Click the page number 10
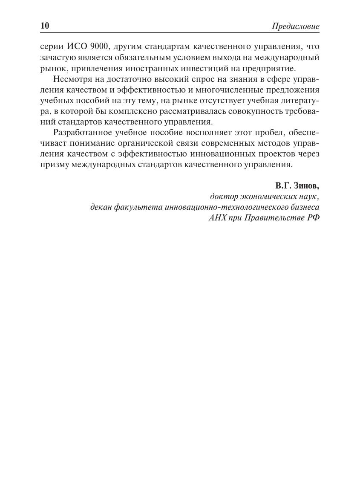pos(45,26)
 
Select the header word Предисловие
pos(295,26)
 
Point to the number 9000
pos(99,46)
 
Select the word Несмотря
pos(71,79)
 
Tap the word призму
pos(53,164)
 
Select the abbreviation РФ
pos(313,218)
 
